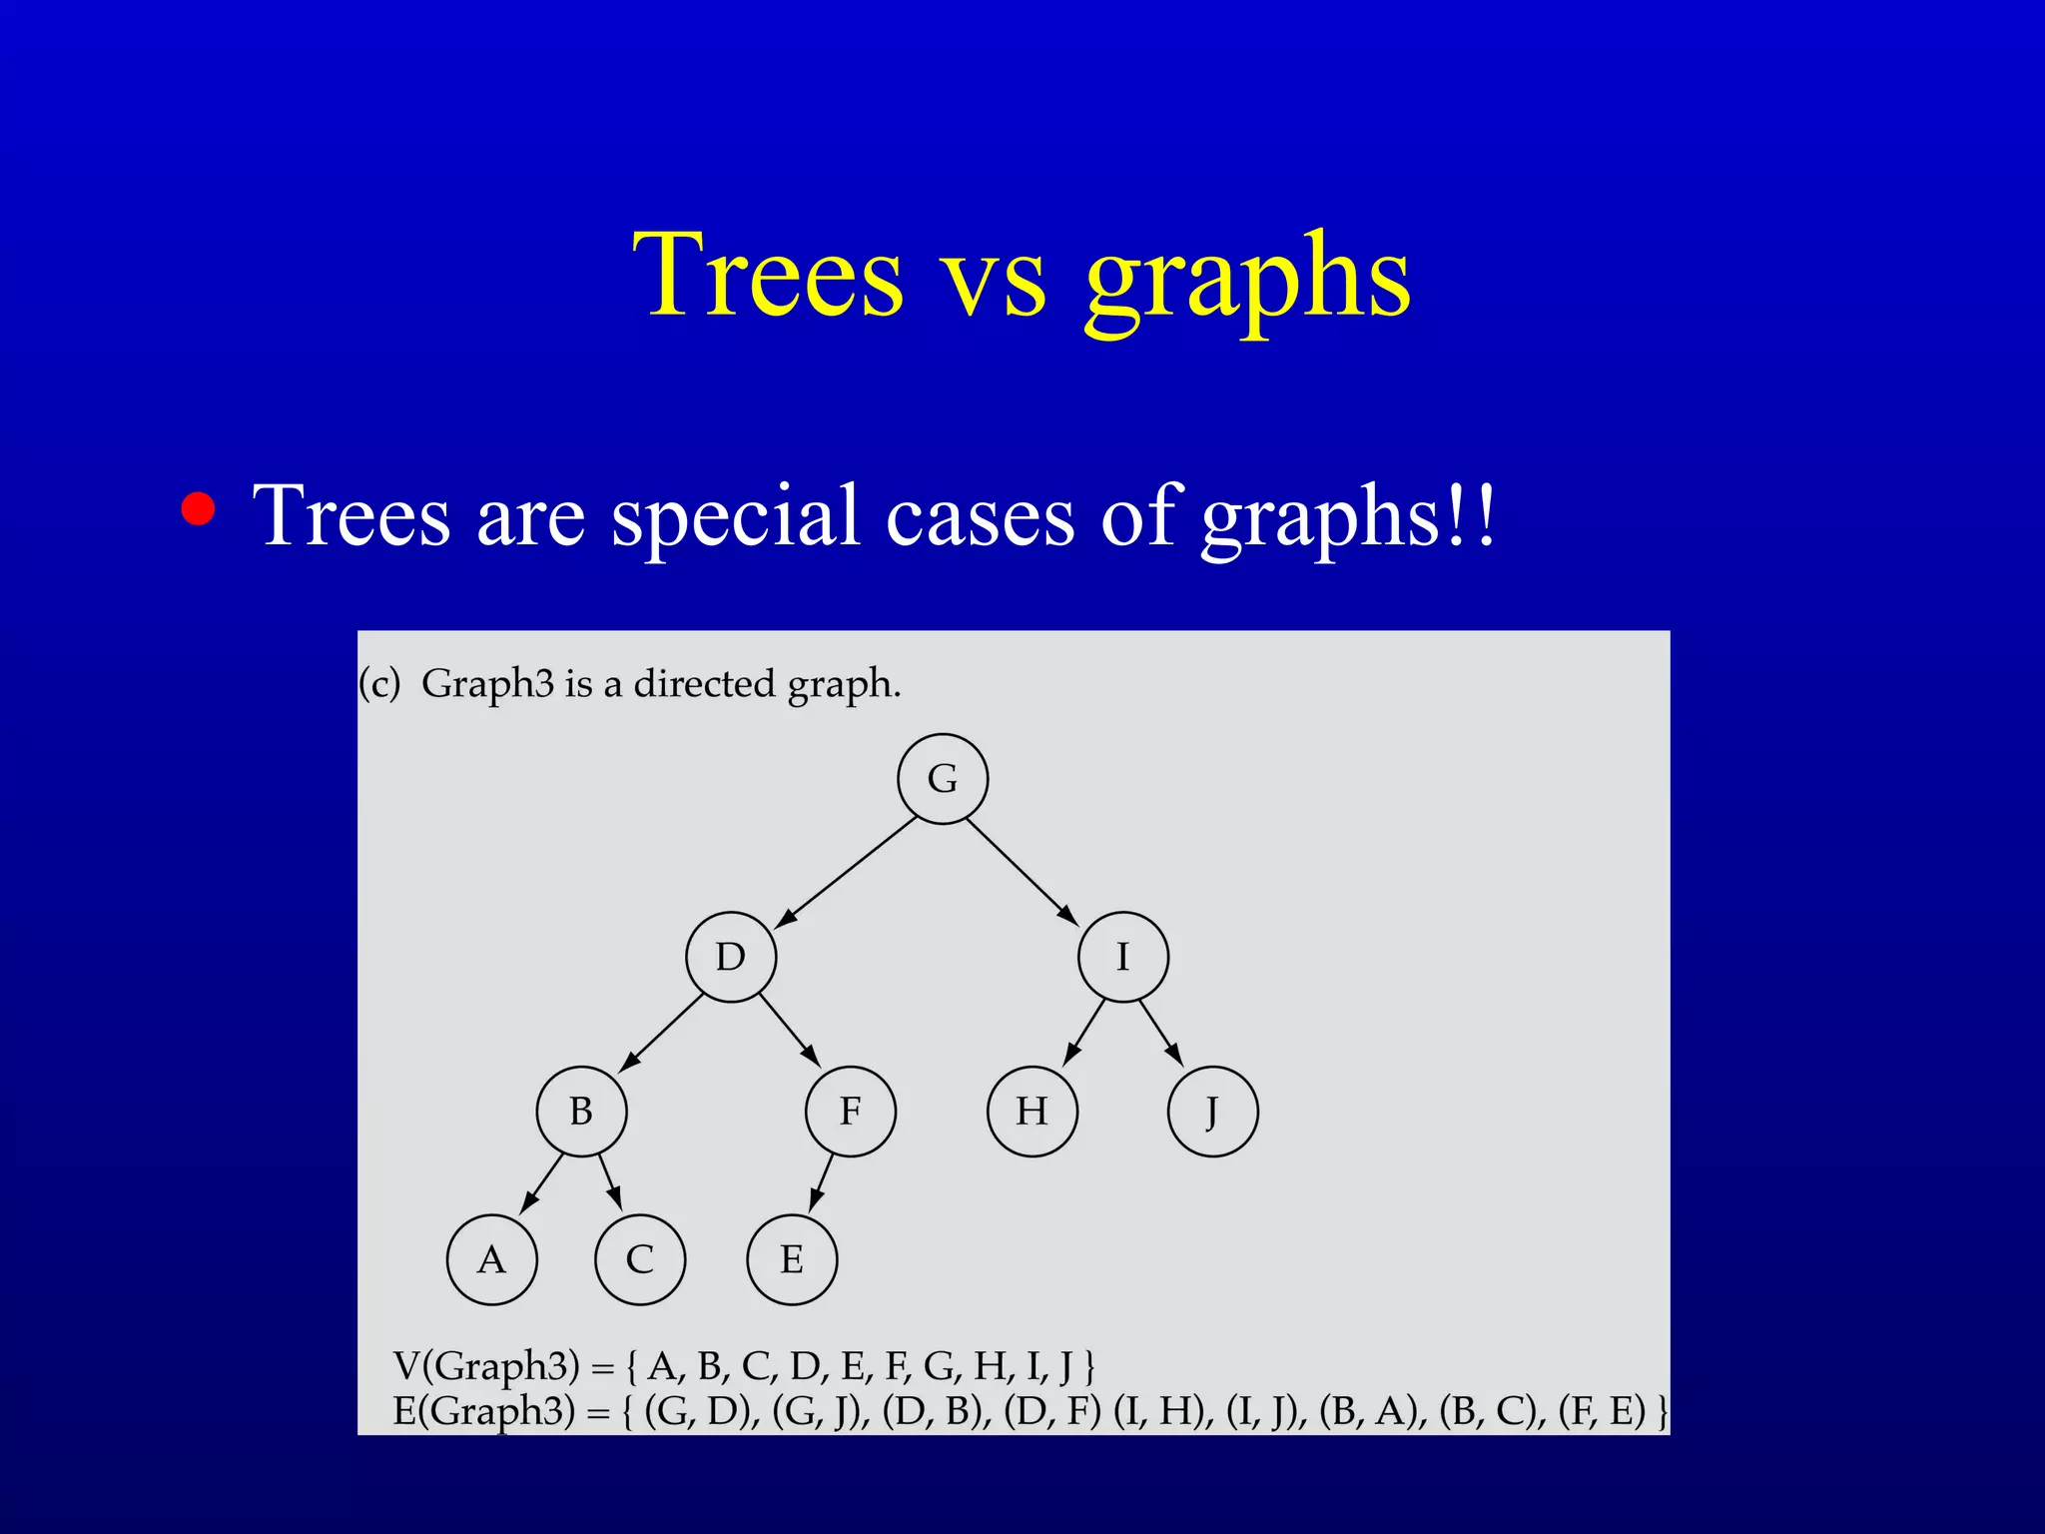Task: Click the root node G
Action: tap(943, 778)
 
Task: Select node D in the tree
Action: tap(731, 957)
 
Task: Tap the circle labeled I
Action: tap(1123, 957)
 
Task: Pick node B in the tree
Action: tap(581, 1112)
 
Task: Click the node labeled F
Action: tap(851, 1112)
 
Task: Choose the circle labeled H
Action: tap(1032, 1112)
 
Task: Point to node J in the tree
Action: tap(1212, 1112)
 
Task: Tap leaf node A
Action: tap(491, 1259)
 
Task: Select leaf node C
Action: tap(640, 1259)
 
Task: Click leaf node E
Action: tap(792, 1259)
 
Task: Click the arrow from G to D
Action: tap(847, 872)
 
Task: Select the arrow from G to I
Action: tap(1022, 872)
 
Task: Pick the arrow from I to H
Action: tap(1084, 1032)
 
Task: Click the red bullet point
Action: tap(198, 508)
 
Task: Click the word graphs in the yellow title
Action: tap(1247, 276)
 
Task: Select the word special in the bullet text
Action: tap(735, 516)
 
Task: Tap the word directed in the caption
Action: tap(705, 684)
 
